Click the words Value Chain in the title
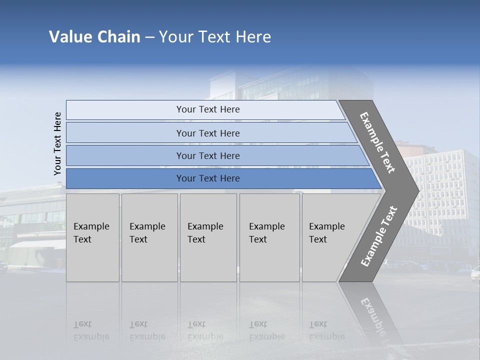point(94,37)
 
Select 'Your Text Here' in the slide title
point(215,37)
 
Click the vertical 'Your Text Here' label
point(57,143)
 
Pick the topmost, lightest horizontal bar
point(207,109)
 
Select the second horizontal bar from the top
point(207,133)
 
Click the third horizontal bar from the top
point(207,155)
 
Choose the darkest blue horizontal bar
point(207,178)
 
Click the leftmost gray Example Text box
point(92,237)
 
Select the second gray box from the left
point(149,237)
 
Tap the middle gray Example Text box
point(207,237)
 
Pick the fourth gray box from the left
point(269,237)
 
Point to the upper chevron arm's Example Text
point(378,142)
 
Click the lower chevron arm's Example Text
point(379,236)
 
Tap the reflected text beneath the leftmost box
point(91,330)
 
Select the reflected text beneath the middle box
point(205,330)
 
